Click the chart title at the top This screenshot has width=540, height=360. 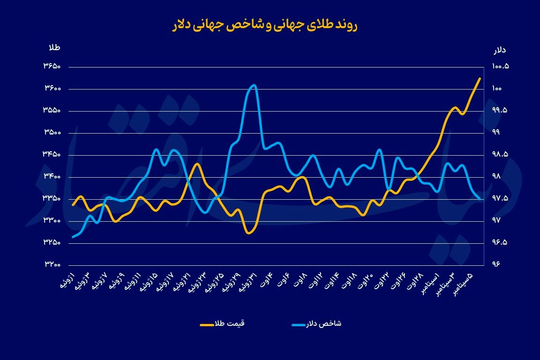265,25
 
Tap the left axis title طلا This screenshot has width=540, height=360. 55,48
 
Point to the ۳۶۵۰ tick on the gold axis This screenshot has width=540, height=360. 53,67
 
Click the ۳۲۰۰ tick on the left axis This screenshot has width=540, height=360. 53,264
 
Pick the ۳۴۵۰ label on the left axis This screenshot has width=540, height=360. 53,155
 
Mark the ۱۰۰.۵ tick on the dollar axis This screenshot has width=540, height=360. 501,67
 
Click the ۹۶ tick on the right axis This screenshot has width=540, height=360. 496,264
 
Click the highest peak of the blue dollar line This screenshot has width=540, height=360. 254,85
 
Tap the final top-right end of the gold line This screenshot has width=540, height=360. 480,78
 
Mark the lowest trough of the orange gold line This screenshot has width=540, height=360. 249,233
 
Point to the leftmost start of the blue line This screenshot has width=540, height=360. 73,237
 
